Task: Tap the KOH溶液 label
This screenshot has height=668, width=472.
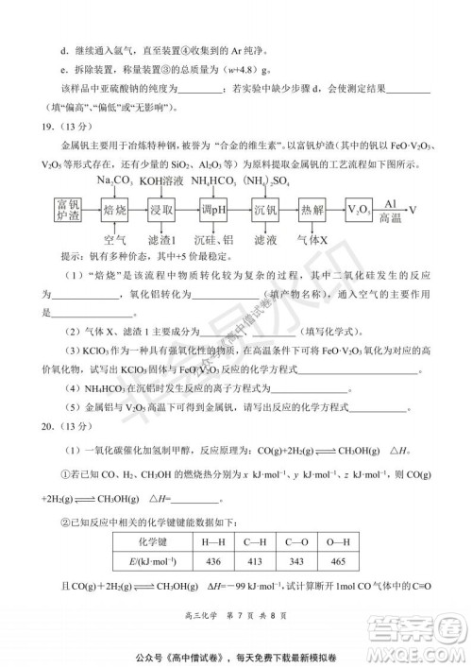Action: (x=161, y=180)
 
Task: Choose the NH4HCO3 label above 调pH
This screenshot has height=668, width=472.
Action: (x=215, y=180)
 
